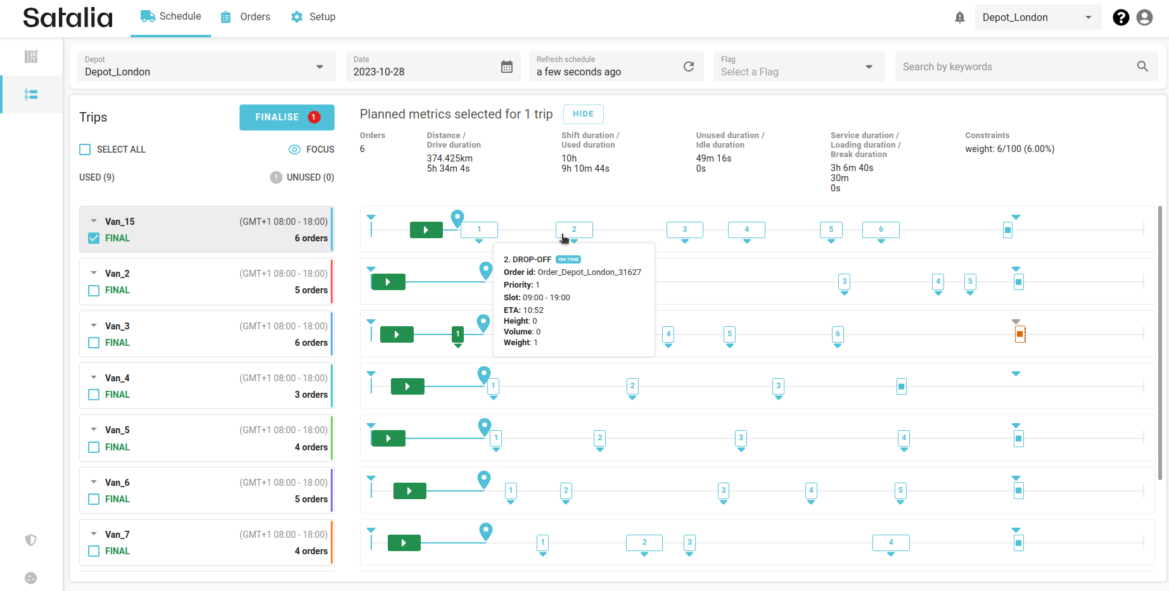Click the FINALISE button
tap(286, 117)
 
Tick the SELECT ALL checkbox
tap(85, 149)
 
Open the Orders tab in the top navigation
tap(246, 17)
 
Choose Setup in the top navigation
tap(313, 17)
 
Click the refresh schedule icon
tap(689, 67)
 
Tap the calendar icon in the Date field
tap(507, 67)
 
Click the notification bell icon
tap(960, 18)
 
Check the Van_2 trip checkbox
tap(94, 291)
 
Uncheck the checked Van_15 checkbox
tap(94, 238)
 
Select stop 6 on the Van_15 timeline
tap(881, 229)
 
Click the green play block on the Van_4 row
tap(407, 386)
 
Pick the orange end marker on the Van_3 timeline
tap(1019, 334)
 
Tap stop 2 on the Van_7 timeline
tap(644, 542)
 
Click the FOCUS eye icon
tap(295, 149)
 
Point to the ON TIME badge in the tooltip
tap(568, 259)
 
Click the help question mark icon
tap(1121, 18)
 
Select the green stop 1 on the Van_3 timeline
tap(457, 334)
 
